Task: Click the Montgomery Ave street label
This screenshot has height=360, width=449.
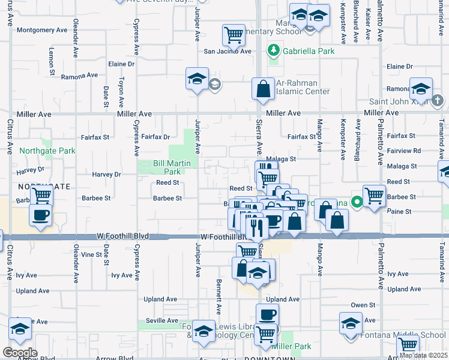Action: tap(42, 29)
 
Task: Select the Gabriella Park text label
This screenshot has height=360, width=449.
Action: tap(310, 52)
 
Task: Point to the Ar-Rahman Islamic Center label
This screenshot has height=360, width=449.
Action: tap(303, 87)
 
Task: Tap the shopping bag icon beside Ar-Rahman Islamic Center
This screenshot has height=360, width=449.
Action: tap(263, 89)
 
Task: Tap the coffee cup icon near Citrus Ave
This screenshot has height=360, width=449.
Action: tap(40, 215)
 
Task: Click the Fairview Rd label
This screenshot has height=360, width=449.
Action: tap(408, 151)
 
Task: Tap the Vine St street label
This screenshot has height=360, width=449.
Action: tap(92, 254)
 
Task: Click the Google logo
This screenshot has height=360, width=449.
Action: tap(20, 352)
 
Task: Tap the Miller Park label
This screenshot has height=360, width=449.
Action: tap(291, 346)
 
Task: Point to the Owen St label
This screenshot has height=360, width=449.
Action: tap(363, 305)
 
